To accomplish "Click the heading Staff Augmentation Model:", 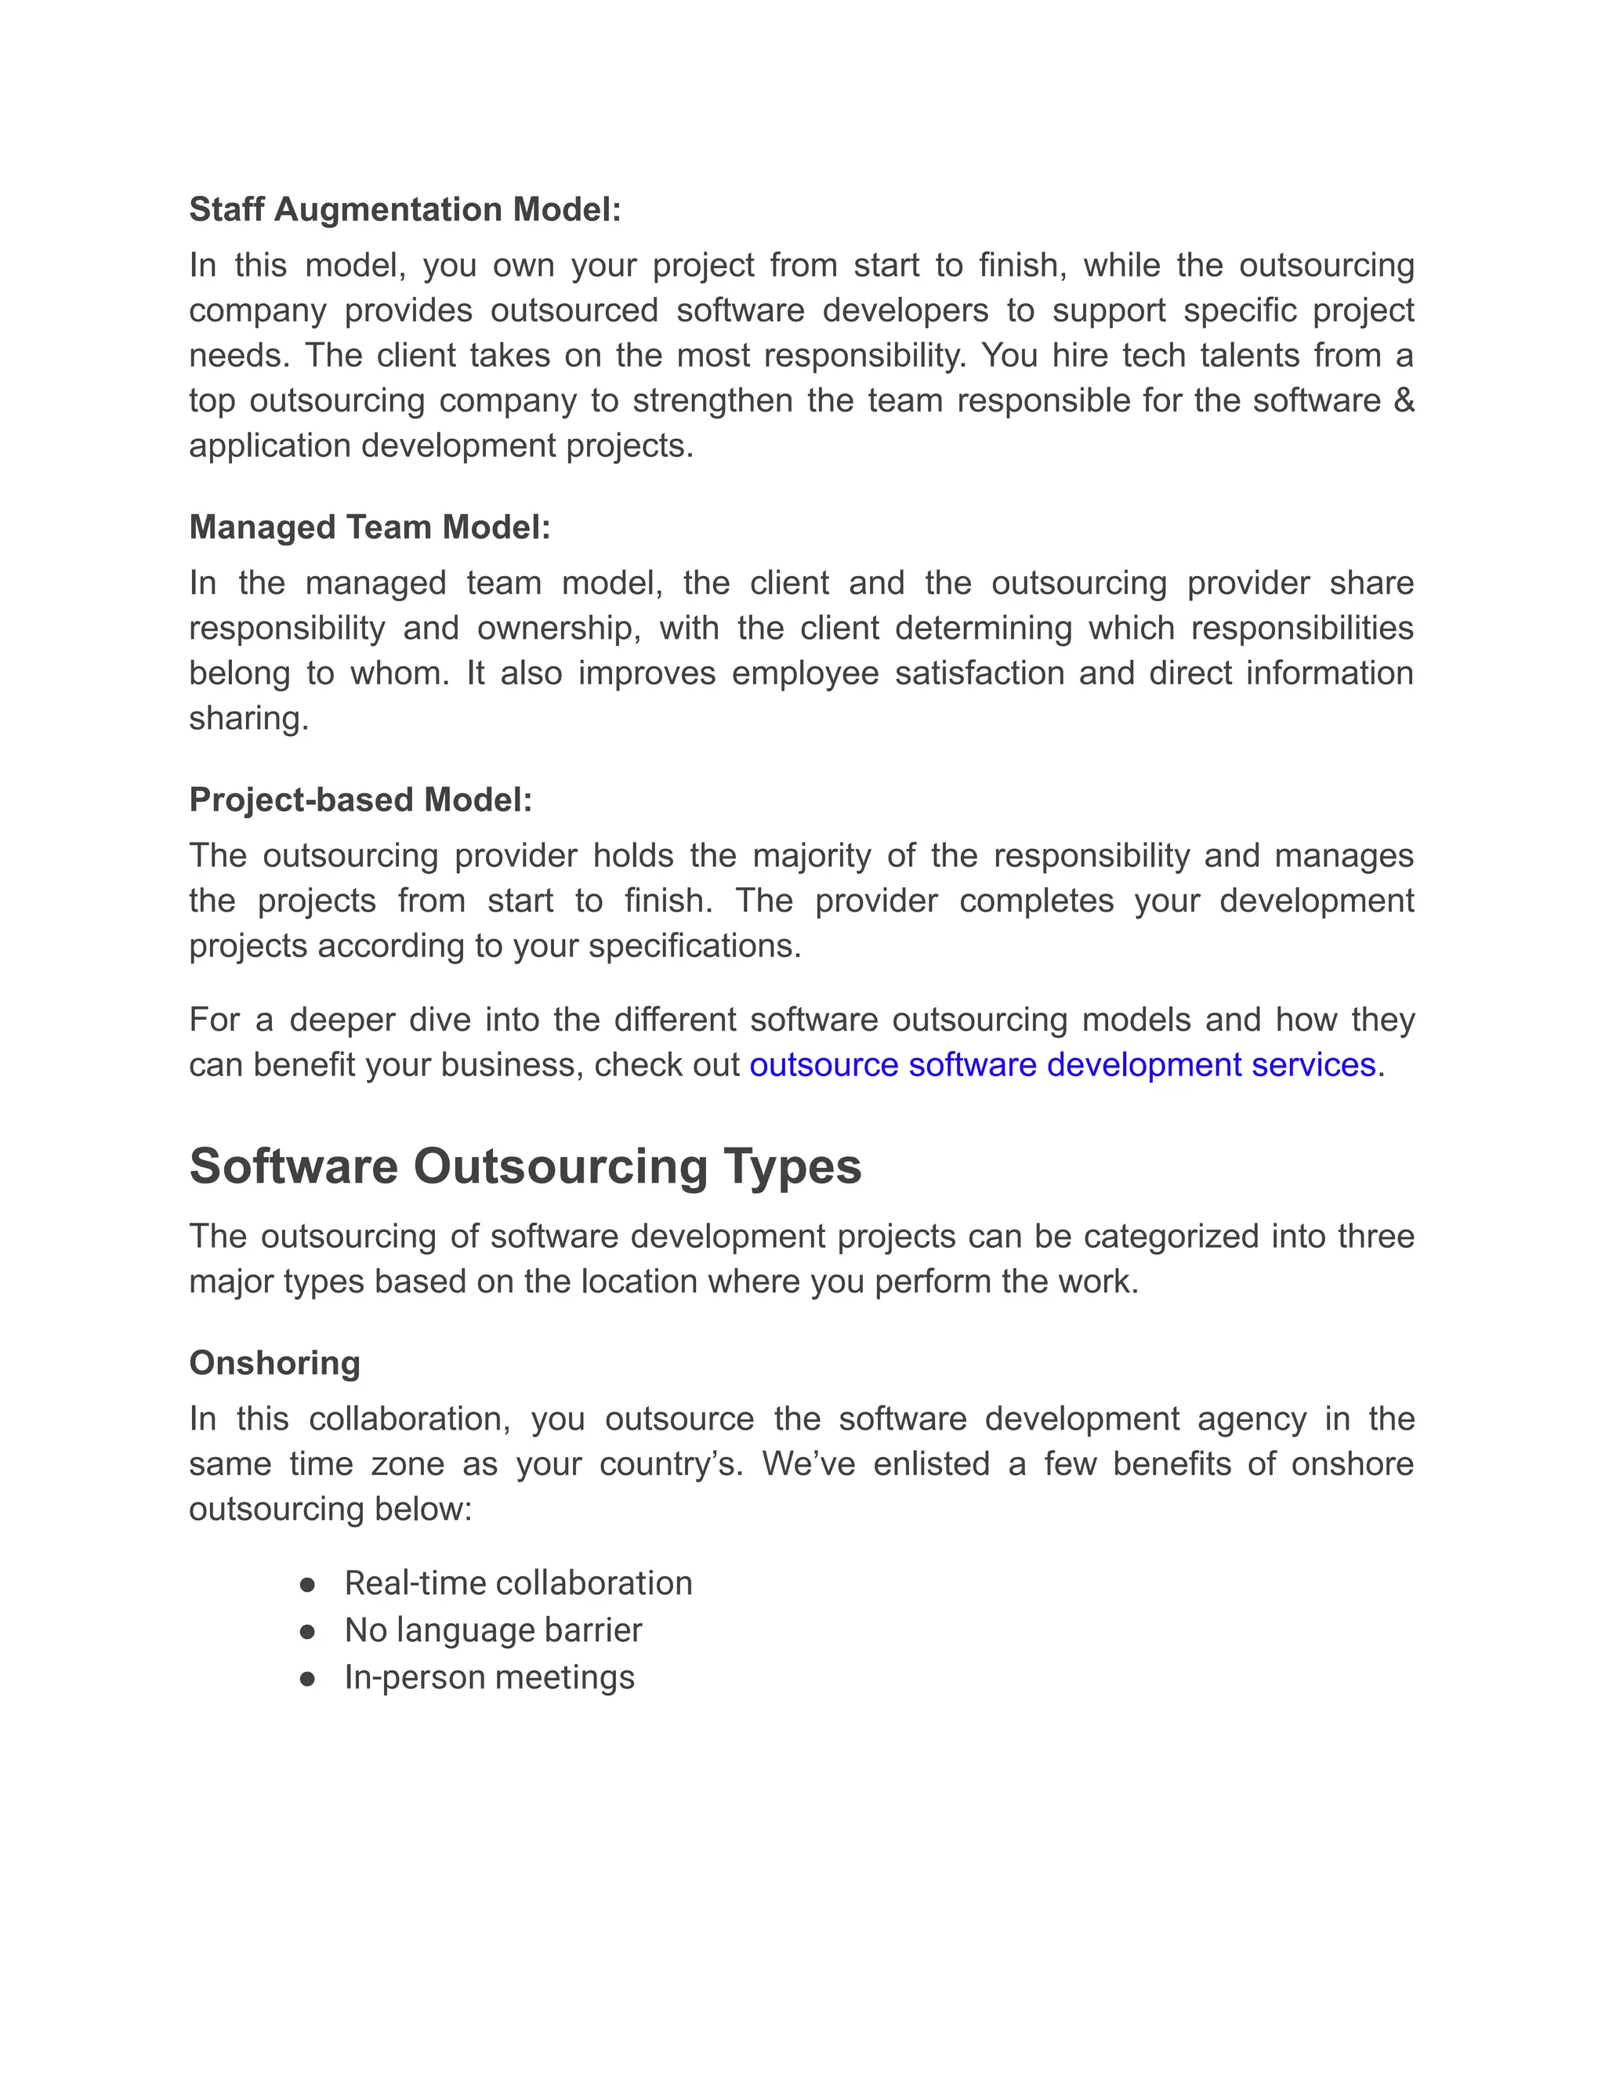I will tap(404, 209).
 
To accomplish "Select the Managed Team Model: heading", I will tap(370, 527).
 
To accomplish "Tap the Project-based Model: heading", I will tap(360, 799).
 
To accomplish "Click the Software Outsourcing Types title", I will tap(525, 1166).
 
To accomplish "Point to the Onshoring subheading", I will tap(275, 1363).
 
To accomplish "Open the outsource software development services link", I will tap(1062, 1064).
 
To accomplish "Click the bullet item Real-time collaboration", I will tap(518, 1582).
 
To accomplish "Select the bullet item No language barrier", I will tap(492, 1630).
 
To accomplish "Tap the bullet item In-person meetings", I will tap(489, 1676).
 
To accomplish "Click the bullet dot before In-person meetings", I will tap(307, 1679).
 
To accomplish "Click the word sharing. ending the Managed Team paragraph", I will tap(249, 718).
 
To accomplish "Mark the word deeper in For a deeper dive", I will tap(340, 1020).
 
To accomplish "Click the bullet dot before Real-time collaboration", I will tap(307, 1584).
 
